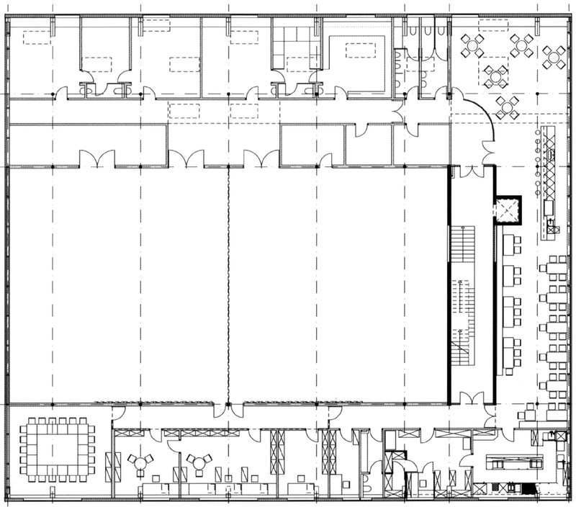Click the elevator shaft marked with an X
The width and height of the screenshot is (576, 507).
coord(508,210)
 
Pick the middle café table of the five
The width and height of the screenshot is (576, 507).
coord(495,75)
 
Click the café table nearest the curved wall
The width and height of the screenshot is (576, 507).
coord(507,107)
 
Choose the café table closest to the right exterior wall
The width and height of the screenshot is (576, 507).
coord(554,56)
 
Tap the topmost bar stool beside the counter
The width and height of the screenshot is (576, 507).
coord(537,133)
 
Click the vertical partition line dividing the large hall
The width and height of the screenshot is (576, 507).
coord(229,288)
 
